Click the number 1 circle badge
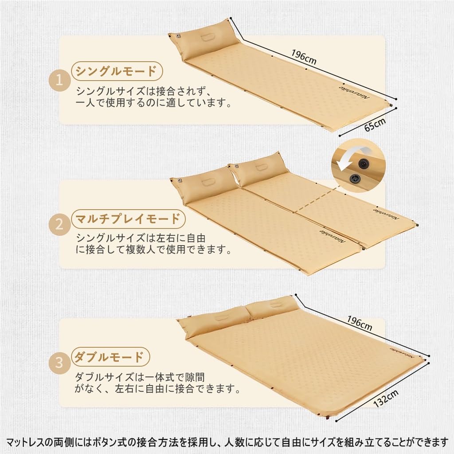pos(59,82)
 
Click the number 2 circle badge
pos(59,226)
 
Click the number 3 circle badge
pos(59,364)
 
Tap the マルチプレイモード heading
pos(127,219)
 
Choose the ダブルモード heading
pos(110,356)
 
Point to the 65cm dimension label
pos(375,125)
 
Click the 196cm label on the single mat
pos(304,57)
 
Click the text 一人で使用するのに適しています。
pos(153,104)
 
